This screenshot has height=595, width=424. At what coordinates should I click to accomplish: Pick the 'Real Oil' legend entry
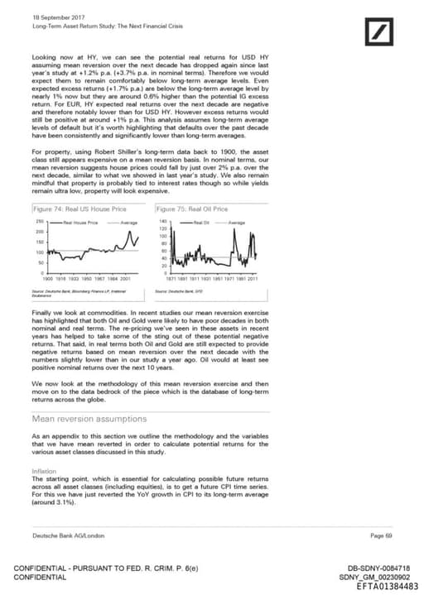[x=201, y=223]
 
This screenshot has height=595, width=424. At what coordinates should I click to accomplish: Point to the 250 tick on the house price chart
[x=39, y=223]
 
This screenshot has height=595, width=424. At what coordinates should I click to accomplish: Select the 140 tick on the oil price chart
[x=162, y=222]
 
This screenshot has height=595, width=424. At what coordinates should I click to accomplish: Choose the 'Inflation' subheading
[x=44, y=471]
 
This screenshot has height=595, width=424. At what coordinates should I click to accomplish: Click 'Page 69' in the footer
[x=382, y=535]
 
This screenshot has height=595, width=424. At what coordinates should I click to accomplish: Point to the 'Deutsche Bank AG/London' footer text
[x=63, y=535]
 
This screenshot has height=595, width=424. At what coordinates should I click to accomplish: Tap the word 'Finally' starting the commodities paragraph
[x=41, y=314]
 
